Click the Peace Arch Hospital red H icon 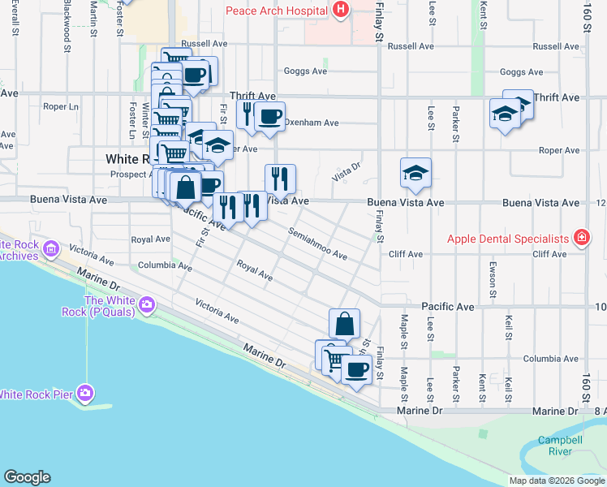341,11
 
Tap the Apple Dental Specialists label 509,239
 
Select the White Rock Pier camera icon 85,394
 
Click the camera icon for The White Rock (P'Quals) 147,305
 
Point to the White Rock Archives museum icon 52,248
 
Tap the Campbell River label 559,446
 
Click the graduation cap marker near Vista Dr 415,173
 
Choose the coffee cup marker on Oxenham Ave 269,115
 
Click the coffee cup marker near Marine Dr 355,370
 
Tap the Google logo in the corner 27,477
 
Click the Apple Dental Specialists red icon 581,239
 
